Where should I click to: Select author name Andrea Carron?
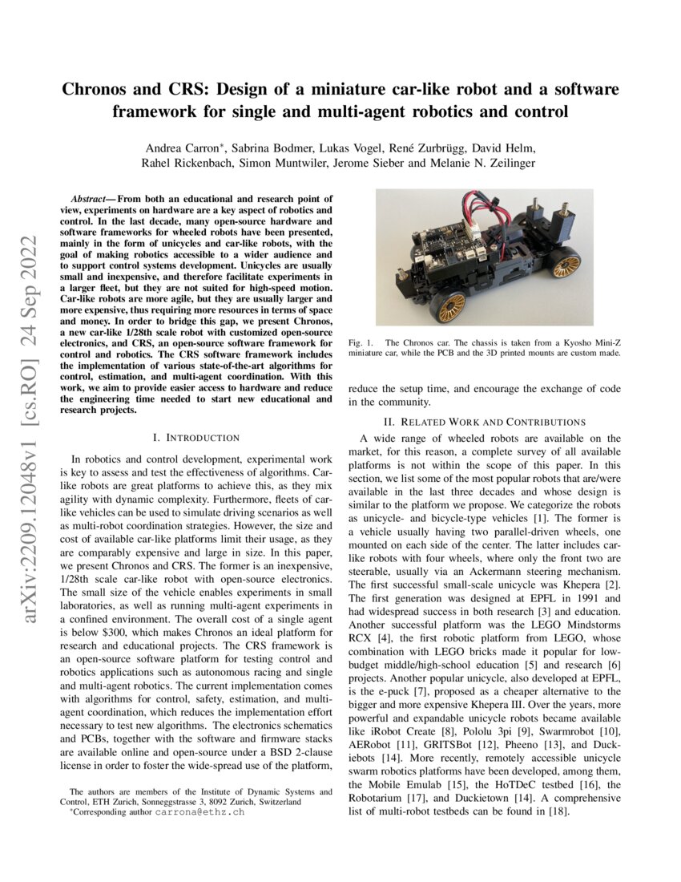[x=182, y=148]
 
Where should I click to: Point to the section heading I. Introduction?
[x=195, y=438]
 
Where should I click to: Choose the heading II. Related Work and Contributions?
[x=484, y=422]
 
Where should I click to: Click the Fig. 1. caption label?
[x=361, y=343]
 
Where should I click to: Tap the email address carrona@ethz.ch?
[x=207, y=811]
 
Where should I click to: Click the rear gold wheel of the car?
[x=566, y=262]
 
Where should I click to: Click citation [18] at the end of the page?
[x=561, y=812]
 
